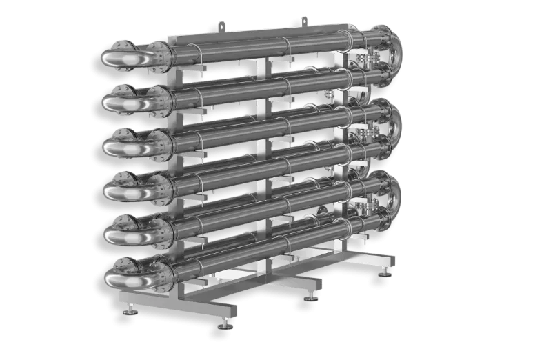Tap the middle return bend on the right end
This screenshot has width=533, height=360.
pyautogui.click(x=395, y=124)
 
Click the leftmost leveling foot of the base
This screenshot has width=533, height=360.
pyautogui.click(x=129, y=312)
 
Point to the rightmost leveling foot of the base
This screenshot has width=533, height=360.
pyautogui.click(x=384, y=275)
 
